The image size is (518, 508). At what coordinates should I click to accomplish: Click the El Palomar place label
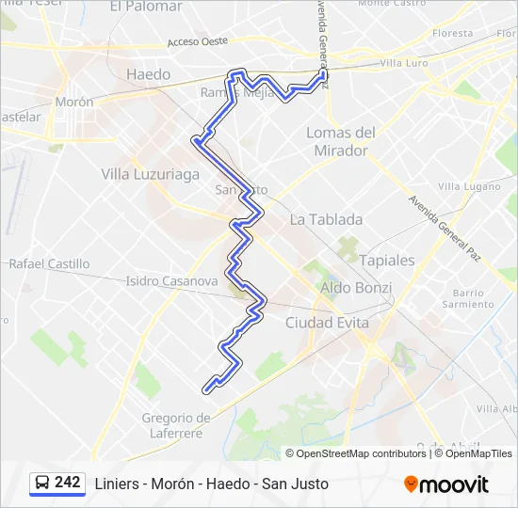point(146,7)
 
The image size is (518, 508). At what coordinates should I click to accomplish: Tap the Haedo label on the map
point(149,74)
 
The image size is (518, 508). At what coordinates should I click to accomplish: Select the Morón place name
point(74,102)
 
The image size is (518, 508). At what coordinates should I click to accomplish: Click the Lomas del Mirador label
point(341,141)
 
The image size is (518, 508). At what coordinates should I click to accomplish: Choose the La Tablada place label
point(326,219)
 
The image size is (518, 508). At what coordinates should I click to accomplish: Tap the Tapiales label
point(387,260)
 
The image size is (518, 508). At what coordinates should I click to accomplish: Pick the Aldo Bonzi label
point(356,287)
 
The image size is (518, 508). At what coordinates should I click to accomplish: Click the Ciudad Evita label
point(327,323)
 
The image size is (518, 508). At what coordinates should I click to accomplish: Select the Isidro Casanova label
point(172,280)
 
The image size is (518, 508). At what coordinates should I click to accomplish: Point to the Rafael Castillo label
point(49,264)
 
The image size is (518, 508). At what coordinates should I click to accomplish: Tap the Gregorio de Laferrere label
point(176,425)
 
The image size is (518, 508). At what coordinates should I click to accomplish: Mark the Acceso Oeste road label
point(198,42)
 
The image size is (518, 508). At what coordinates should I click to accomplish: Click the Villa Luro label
point(404,63)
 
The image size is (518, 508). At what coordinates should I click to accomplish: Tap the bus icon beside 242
point(42,484)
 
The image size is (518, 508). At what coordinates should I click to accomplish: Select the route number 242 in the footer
point(68,483)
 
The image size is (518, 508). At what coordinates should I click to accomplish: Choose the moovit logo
point(446,484)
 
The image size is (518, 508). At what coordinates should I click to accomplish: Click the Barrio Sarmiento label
point(468,298)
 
